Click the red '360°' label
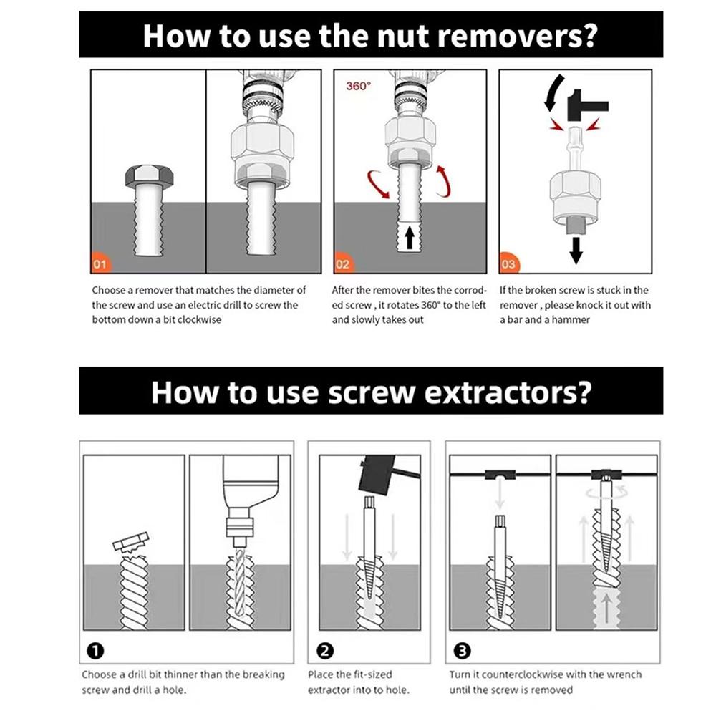(x=359, y=86)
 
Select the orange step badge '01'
(x=100, y=265)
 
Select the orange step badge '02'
(x=343, y=265)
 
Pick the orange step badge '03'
(x=508, y=265)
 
